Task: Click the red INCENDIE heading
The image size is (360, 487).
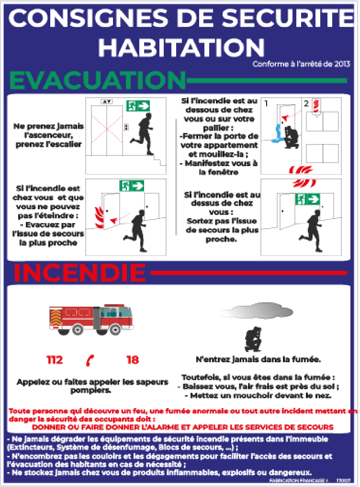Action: click(x=79, y=272)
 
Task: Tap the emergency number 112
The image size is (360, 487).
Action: click(x=55, y=360)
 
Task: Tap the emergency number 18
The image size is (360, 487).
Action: click(x=133, y=360)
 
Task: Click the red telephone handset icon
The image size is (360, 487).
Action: click(x=90, y=360)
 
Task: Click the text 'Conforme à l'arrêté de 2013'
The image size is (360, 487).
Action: click(x=302, y=64)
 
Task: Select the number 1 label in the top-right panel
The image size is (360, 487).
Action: click(x=266, y=103)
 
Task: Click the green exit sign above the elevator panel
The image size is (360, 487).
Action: click(x=138, y=105)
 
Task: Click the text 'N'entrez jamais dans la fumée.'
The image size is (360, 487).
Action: click(x=259, y=359)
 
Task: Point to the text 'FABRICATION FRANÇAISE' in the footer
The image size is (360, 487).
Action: click(x=296, y=479)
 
